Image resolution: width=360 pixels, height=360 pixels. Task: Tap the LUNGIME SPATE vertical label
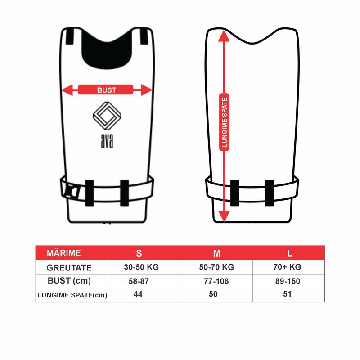224,122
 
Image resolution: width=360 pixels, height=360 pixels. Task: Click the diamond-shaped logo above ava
107,116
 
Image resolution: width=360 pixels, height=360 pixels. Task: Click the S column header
139,253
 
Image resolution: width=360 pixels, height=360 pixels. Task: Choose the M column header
217,253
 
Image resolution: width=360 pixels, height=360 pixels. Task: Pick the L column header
290,253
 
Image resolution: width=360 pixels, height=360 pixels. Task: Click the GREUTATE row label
69,268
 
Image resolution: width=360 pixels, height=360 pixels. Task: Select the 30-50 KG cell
141,267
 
